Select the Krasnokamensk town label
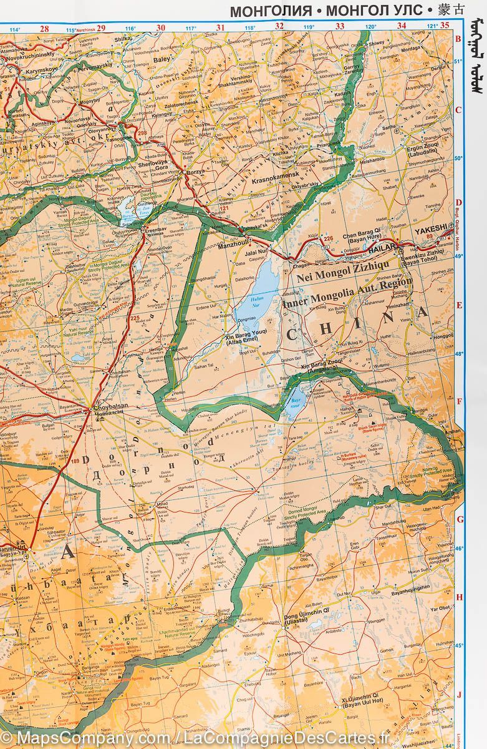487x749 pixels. pos(277,179)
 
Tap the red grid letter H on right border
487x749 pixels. pos(459,597)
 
